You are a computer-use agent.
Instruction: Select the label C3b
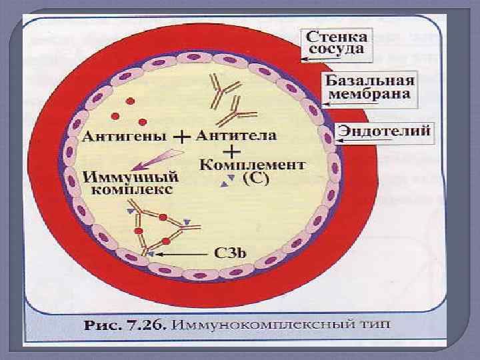[231, 254]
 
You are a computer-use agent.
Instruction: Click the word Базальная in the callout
[370, 81]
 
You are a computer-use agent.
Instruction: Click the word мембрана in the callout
[371, 95]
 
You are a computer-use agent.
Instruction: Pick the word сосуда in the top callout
[339, 49]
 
